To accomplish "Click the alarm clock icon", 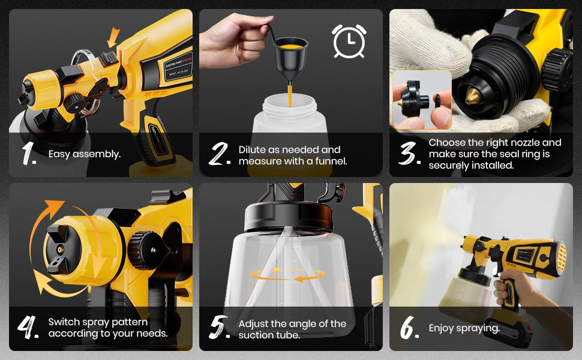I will pos(349,41).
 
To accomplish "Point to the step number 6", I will pos(410,328).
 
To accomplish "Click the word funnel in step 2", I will pos(331,161).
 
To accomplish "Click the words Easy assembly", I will pos(85,154).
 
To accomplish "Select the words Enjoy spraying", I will pos(464,328).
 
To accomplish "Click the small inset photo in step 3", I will pos(421,100).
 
